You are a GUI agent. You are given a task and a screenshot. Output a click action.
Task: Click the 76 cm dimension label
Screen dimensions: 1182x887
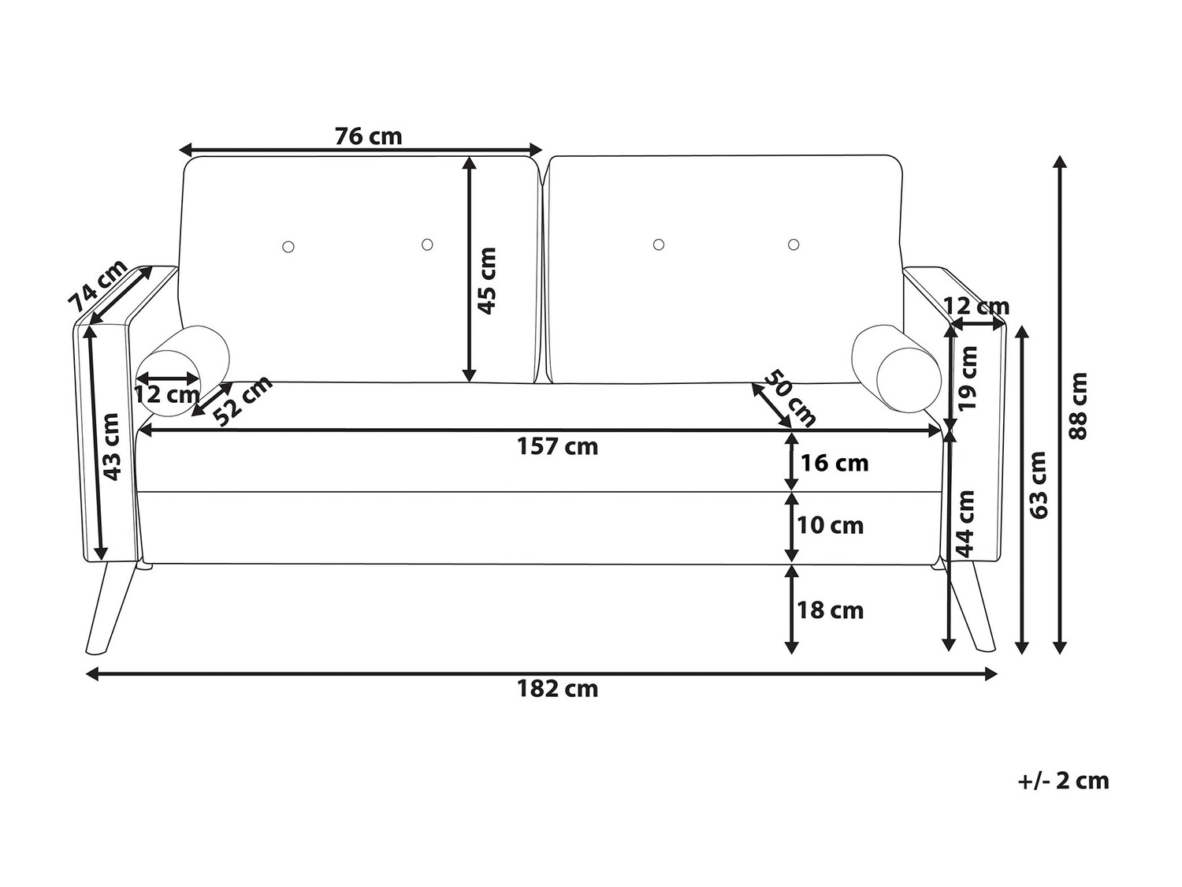click(x=368, y=136)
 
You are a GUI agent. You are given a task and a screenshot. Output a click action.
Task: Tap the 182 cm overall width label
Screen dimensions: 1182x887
click(x=557, y=689)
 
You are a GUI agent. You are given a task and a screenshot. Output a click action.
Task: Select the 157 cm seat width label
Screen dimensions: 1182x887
click(x=557, y=446)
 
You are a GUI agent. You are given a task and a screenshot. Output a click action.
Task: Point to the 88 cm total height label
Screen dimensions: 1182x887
click(x=1077, y=406)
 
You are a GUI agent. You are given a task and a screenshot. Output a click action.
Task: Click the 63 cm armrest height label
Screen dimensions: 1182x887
click(x=1039, y=485)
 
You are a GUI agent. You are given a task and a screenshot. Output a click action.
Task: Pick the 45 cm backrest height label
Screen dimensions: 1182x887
click(x=487, y=281)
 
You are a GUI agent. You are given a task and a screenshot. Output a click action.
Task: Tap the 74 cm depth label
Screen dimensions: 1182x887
click(x=98, y=286)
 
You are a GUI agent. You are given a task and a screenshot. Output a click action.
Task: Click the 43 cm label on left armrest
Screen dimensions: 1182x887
click(x=111, y=447)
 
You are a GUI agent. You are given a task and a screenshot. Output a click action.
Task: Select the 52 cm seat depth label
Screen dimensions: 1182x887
click(x=243, y=401)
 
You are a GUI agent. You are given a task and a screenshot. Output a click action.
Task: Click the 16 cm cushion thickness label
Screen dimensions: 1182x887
click(x=834, y=463)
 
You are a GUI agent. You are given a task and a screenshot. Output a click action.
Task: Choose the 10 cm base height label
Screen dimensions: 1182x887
click(x=831, y=526)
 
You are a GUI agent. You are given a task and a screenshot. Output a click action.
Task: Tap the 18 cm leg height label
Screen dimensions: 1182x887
click(x=831, y=611)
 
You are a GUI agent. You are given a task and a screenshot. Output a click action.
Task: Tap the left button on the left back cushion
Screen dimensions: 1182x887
click(x=288, y=247)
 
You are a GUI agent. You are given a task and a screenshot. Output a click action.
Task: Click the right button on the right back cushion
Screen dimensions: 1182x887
click(x=794, y=244)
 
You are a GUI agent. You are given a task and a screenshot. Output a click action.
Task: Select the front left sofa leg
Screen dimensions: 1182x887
click(x=111, y=609)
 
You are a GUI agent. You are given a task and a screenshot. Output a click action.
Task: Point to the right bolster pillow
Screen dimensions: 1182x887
click(x=897, y=369)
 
